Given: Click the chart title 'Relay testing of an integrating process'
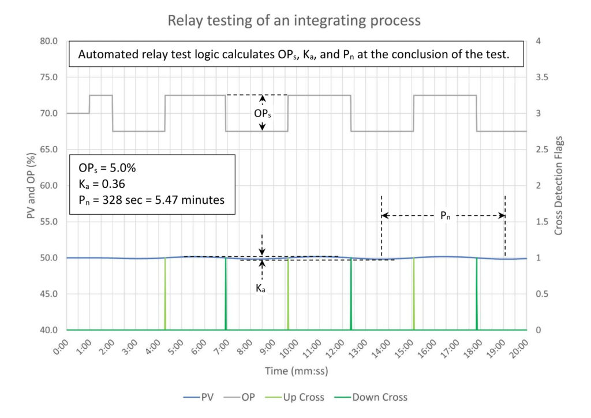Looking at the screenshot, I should tap(294, 21).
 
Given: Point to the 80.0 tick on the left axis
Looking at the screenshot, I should tap(47, 41).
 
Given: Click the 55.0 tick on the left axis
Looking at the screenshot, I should tap(47, 222).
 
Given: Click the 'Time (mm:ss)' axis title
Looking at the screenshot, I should tap(296, 371).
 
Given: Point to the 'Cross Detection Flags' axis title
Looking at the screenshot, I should tap(558, 185).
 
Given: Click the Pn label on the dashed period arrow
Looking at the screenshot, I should tap(443, 216).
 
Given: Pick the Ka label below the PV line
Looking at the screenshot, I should tap(261, 288).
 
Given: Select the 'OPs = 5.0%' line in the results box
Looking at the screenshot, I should tap(107, 167).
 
